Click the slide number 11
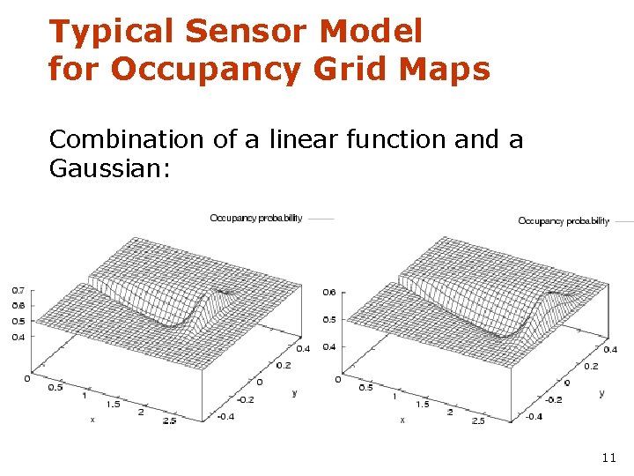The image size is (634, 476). pos(608,457)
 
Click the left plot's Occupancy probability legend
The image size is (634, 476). pos(256,218)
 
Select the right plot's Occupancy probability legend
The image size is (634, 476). pos(564,221)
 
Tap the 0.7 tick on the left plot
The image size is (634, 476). pos(18,290)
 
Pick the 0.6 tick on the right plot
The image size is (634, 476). pos(329,292)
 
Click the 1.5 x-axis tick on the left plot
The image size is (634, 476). pos(114,404)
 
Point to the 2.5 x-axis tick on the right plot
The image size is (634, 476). pos(478,421)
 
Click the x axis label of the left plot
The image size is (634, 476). pos(92,420)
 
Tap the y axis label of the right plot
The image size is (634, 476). pos(601,393)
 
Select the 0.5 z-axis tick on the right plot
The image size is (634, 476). pos(329,319)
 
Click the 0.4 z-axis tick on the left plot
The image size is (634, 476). pos(18,337)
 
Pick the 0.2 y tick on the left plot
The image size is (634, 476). pos(283,365)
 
